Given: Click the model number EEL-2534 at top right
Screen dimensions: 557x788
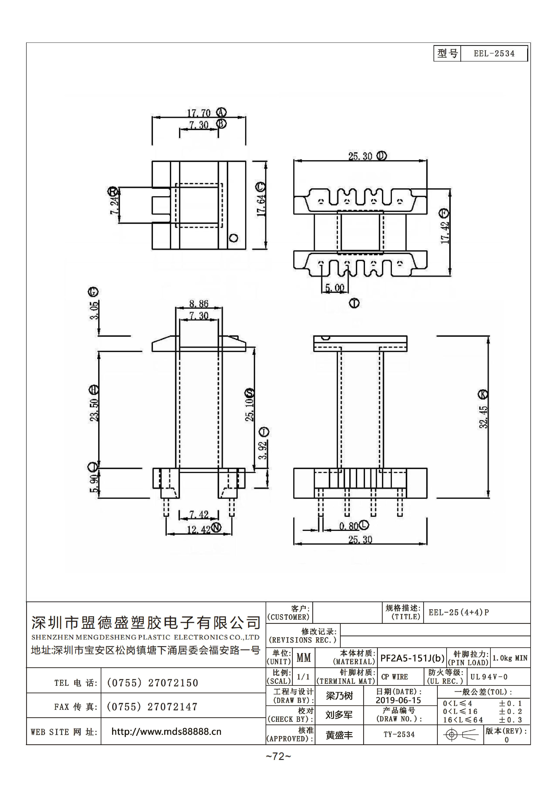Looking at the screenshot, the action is [494, 54].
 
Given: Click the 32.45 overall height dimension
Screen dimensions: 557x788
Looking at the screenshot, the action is [483, 417].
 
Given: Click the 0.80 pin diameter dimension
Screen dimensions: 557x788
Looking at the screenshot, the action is [349, 526].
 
